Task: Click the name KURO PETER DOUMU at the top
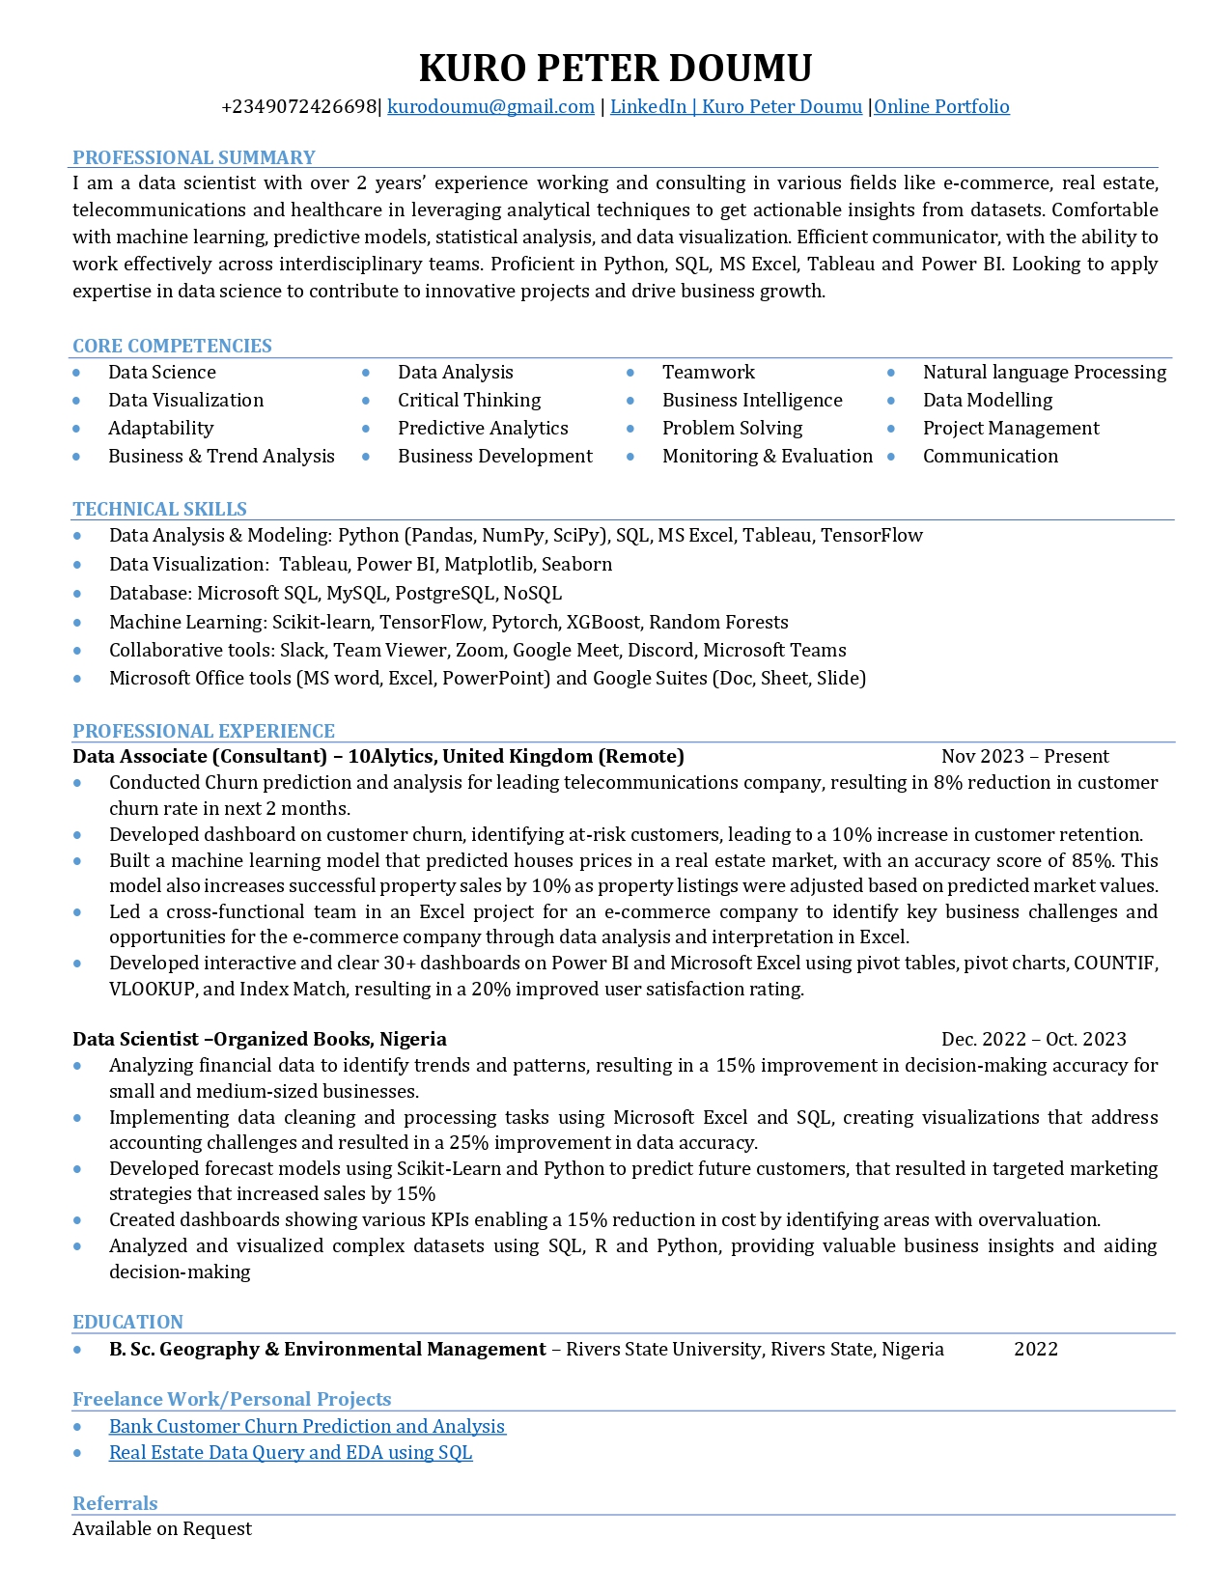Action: pos(615,69)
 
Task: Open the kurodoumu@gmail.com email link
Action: pos(490,107)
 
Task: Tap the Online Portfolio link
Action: pos(941,107)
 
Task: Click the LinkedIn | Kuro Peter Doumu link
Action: pos(736,107)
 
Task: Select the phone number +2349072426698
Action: pos(299,107)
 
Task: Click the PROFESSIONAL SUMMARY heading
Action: pos(194,157)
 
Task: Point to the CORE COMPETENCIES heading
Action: pos(172,346)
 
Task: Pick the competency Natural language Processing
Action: pos(1044,373)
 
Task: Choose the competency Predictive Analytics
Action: pos(483,429)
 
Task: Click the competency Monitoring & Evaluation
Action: pos(767,457)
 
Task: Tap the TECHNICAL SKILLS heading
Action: pos(159,509)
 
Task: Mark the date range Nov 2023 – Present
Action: pos(1024,757)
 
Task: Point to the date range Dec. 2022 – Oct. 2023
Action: pos(1033,1040)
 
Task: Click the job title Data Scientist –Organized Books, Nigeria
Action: pos(259,1040)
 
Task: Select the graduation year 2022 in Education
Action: pos(1035,1350)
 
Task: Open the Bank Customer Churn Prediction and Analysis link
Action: pos(307,1427)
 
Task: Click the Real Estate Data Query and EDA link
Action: pos(291,1453)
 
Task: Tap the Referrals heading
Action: pos(115,1503)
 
